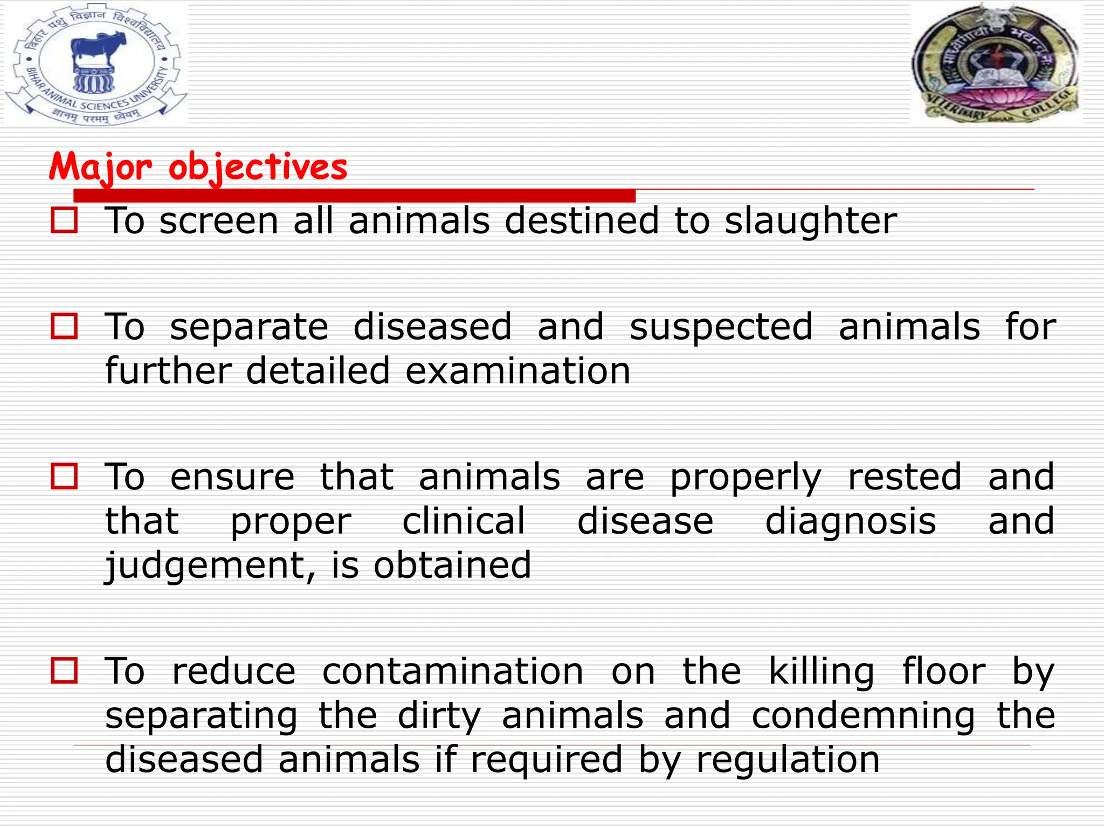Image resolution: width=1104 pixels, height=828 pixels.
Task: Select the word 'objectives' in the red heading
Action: point(258,168)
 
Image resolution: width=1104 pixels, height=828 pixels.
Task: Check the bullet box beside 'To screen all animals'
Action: point(64,221)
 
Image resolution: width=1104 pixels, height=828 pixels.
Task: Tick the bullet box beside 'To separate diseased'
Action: point(64,327)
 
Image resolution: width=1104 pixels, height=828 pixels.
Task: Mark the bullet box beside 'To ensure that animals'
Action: point(64,477)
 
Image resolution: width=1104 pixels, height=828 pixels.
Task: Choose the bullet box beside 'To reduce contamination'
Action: point(64,671)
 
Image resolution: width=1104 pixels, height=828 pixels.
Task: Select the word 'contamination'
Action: point(453,671)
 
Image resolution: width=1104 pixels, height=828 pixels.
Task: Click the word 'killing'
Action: point(821,671)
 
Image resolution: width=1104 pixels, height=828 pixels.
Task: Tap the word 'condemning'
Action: point(863,716)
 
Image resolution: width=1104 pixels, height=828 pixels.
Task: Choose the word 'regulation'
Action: point(788,760)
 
